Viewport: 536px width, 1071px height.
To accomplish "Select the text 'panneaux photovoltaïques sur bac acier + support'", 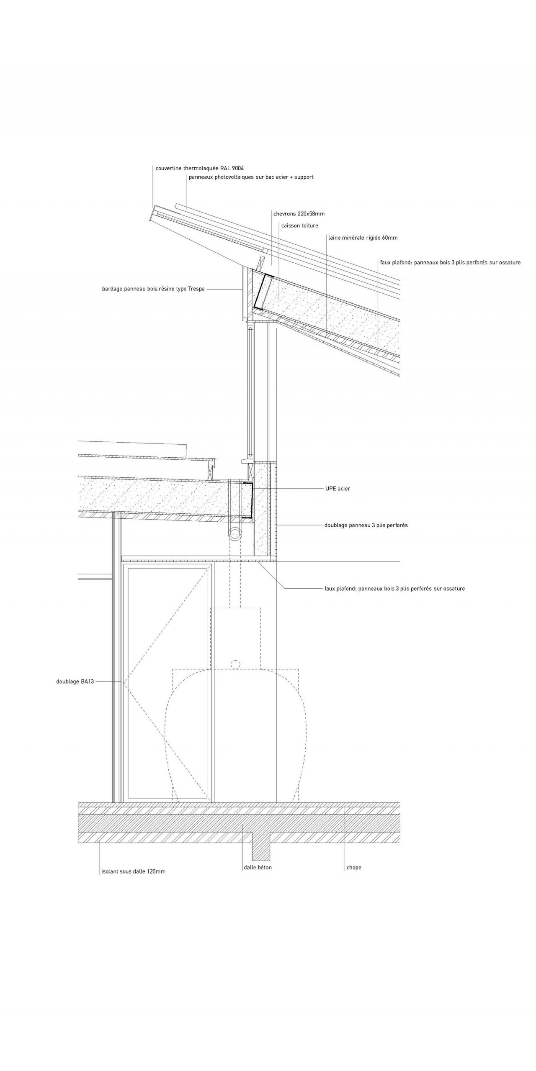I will point(251,177).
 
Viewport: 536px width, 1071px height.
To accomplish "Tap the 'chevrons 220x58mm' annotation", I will point(299,214).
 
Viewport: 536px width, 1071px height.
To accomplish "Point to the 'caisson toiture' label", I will point(299,225).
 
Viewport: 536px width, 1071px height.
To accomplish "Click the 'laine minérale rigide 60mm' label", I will point(363,238).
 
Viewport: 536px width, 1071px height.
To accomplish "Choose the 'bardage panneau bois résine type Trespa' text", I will point(153,289).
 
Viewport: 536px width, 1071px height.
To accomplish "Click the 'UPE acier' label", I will point(338,488).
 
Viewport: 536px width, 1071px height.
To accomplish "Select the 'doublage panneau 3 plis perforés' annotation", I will point(366,525).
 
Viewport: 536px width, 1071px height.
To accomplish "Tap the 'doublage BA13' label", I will point(75,682).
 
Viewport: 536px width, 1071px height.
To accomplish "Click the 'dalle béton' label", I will point(258,867).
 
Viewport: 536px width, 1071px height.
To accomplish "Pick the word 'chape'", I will point(354,867).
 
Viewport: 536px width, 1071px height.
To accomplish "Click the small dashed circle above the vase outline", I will point(236,664).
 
